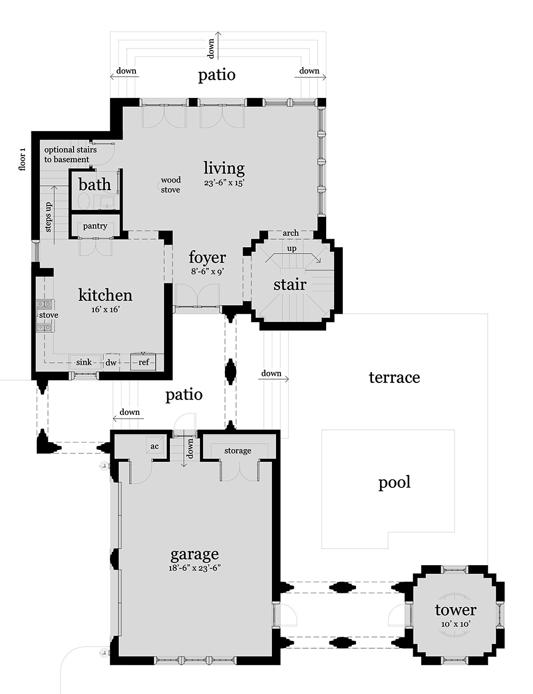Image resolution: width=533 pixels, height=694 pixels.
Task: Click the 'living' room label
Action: [x=224, y=168]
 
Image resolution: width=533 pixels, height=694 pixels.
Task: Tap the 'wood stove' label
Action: [x=171, y=185]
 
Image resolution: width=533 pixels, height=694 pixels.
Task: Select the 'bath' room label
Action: [x=95, y=185]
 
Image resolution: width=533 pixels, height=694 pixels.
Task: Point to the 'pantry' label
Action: [x=95, y=226]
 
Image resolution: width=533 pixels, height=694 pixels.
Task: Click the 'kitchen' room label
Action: [x=105, y=295]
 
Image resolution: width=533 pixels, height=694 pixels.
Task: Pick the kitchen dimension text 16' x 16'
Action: [x=105, y=309]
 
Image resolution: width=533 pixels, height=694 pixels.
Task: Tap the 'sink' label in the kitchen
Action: [x=84, y=362]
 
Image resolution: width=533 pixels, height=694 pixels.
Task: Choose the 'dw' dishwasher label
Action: [x=111, y=363]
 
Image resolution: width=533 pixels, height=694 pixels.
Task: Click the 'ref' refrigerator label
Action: [x=144, y=362]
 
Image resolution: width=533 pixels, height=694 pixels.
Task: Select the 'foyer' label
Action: [x=207, y=258]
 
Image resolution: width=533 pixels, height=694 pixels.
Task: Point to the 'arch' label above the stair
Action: [x=290, y=233]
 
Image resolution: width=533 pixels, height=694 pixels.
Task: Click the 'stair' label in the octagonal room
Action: [x=290, y=284]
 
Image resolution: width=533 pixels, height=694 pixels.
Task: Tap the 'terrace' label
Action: [x=394, y=378]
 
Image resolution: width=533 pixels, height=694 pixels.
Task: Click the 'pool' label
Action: [x=394, y=483]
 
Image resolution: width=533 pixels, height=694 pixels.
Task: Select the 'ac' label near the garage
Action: [x=155, y=446]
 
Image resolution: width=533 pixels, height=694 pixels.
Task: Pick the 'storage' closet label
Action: [x=238, y=451]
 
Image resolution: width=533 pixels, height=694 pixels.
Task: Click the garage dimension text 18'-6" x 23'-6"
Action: [x=195, y=568]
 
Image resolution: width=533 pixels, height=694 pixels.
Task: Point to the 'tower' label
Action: [x=455, y=610]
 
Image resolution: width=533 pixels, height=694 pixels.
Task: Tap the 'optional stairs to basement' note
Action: [x=70, y=154]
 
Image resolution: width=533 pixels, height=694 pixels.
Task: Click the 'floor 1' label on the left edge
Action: [x=22, y=159]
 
